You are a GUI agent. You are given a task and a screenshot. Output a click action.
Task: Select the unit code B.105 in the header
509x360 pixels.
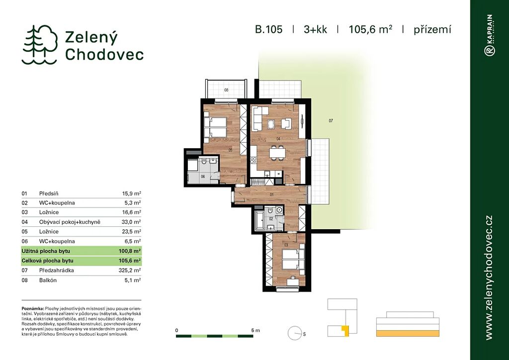(269, 29)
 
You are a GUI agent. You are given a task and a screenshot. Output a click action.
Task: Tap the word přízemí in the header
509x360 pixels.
(432, 30)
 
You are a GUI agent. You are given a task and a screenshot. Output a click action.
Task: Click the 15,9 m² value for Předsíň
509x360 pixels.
(131, 193)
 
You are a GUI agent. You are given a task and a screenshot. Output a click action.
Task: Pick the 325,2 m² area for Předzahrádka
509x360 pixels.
(130, 270)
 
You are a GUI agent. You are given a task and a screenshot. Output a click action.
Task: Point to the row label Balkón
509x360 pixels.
(48, 280)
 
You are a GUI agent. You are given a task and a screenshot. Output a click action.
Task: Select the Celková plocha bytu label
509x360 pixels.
(47, 261)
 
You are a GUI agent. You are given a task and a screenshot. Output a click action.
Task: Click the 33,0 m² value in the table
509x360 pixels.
(131, 222)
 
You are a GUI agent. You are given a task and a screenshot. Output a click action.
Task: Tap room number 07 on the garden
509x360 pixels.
(331, 121)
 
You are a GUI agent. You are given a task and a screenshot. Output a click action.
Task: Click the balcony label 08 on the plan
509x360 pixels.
(226, 90)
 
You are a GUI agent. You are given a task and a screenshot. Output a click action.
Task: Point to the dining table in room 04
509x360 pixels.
(277, 153)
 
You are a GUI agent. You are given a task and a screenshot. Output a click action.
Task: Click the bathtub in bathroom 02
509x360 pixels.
(259, 221)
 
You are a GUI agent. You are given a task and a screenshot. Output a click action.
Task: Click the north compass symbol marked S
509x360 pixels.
(294, 333)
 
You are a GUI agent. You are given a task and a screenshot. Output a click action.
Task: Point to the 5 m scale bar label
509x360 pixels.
(255, 331)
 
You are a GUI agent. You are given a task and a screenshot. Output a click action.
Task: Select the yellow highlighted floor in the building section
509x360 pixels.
(408, 334)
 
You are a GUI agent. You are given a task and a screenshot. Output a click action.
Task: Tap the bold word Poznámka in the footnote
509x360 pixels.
(33, 308)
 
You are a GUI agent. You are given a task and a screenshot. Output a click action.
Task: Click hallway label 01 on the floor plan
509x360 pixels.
(271, 195)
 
